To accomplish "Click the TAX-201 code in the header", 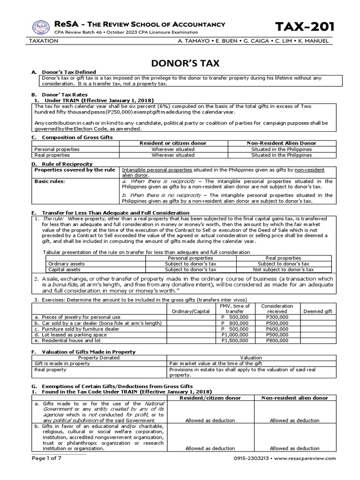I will pyautogui.click(x=304, y=27).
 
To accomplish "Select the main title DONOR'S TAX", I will pyautogui.click(x=180, y=63).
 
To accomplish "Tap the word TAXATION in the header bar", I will pyautogui.click(x=44, y=41).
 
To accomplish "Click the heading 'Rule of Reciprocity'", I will pyautogui.click(x=66, y=164).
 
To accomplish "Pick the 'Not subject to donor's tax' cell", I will pyautogui.click(x=284, y=270).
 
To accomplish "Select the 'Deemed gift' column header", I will pyautogui.click(x=317, y=311).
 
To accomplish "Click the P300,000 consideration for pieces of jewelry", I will pyautogui.click(x=277, y=317).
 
